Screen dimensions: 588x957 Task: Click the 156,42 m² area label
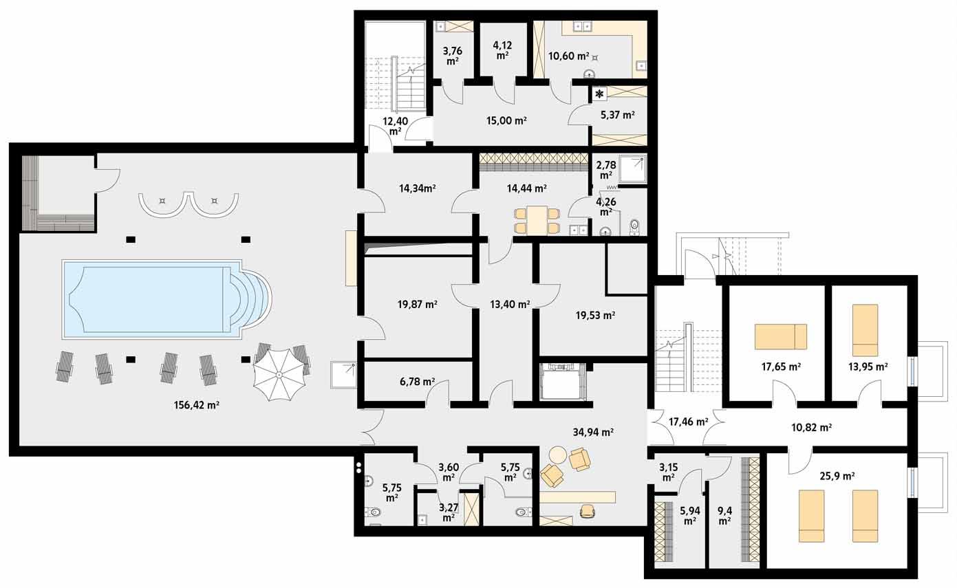pos(197,405)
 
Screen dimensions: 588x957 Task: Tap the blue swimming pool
pos(151,299)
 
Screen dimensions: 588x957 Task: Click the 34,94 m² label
pos(592,433)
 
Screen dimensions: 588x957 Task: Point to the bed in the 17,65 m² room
pos(780,337)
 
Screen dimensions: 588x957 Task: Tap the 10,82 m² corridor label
pos(811,427)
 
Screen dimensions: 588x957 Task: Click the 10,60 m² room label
pos(568,56)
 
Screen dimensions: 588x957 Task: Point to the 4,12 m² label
pos(502,50)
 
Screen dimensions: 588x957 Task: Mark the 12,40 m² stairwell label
pos(395,126)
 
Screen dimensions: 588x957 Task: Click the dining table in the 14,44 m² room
pos(538,219)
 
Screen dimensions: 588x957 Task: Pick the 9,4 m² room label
pos(724,516)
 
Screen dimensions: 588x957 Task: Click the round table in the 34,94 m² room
pos(558,455)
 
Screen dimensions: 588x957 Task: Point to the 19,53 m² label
pos(595,316)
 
